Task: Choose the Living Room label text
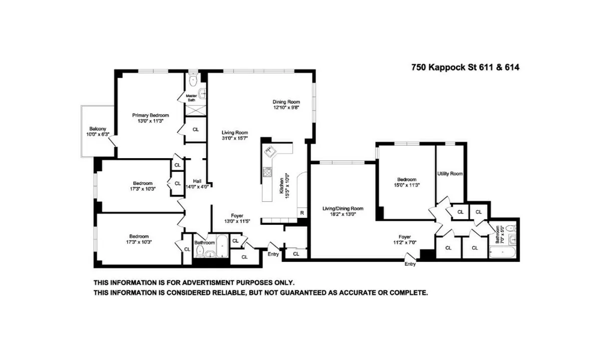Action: [235, 133]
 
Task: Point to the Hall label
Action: [197, 181]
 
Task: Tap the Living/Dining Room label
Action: [343, 208]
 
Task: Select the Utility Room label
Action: [449, 174]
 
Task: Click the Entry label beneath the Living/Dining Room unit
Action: [410, 264]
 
